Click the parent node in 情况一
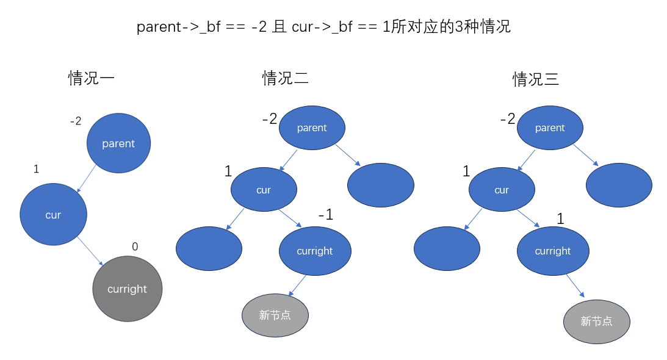118,143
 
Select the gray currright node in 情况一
127,289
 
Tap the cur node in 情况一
53,214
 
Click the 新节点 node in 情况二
275,315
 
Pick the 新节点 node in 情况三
596,321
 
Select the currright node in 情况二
315,251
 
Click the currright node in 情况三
553,251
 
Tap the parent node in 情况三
550,128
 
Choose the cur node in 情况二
264,190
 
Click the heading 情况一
92,78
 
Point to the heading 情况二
285,78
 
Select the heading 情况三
536,79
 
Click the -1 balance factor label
325,215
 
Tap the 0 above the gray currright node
135,247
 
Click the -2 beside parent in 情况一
76,121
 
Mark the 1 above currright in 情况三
560,218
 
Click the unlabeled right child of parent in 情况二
380,185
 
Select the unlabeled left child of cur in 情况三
447,249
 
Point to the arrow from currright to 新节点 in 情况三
575,285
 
